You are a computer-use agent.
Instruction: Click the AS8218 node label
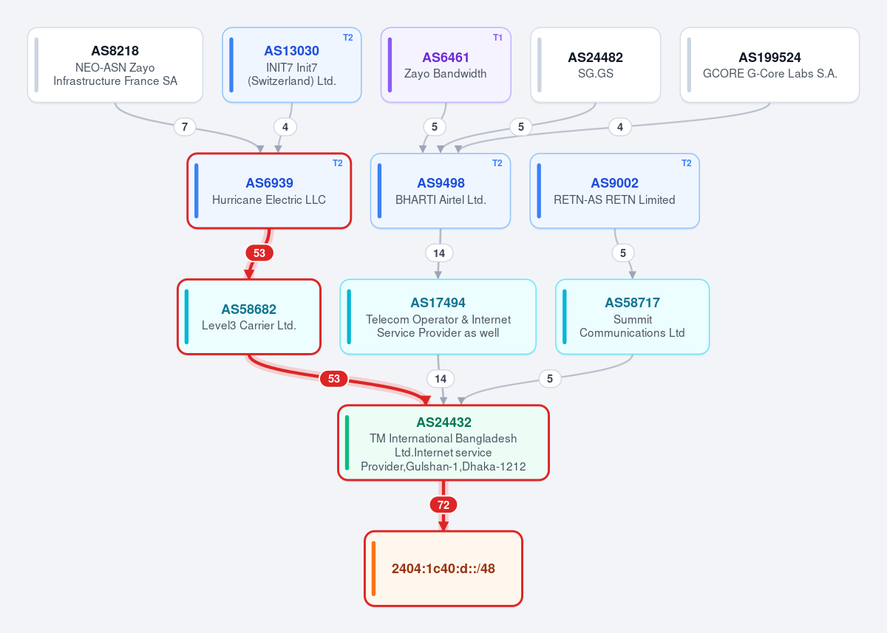[115, 51]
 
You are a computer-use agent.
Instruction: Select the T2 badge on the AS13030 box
[347, 38]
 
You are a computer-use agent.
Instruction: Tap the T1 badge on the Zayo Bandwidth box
[497, 38]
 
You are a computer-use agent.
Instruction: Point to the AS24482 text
[595, 58]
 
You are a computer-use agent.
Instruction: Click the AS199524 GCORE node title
[769, 58]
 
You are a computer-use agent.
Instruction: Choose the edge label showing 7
[185, 127]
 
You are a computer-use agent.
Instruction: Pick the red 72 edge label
[443, 504]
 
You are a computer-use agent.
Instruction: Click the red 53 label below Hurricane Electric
[259, 253]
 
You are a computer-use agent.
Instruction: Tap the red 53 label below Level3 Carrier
[334, 379]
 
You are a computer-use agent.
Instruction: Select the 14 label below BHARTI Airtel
[439, 253]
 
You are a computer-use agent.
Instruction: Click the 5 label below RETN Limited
[623, 253]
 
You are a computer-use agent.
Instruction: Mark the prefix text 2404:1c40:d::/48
[443, 569]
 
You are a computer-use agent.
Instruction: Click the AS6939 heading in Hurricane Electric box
[269, 182]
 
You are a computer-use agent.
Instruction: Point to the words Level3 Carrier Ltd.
[249, 325]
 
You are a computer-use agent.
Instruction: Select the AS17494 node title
[438, 303]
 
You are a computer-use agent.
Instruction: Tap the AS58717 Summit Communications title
[633, 303]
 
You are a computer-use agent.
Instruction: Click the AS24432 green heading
[443, 422]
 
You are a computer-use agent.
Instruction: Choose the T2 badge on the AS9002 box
[686, 163]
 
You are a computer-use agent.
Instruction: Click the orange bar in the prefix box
[373, 569]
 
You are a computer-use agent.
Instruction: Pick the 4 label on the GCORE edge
[620, 127]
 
